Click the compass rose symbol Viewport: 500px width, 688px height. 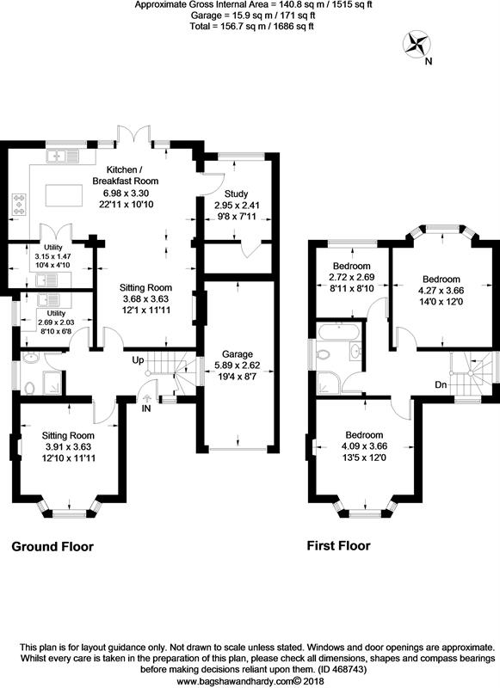tap(417, 45)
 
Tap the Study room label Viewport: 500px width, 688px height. tap(236, 194)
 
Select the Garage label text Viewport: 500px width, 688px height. tap(237, 354)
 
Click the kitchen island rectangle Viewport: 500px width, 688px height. tap(64, 195)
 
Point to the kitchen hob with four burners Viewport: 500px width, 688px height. tap(19, 205)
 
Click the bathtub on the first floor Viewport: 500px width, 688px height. tap(339, 331)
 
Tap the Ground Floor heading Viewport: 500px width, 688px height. tap(52, 547)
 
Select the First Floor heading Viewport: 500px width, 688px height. tap(338, 546)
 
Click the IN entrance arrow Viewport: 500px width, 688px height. tap(146, 398)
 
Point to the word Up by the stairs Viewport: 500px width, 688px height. tap(139, 360)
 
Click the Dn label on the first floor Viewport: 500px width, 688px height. tap(441, 384)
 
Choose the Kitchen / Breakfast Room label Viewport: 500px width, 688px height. tap(125, 175)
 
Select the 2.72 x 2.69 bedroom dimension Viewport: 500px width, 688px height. tap(352, 277)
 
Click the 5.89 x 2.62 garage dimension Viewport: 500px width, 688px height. tap(237, 365)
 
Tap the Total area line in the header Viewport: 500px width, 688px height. tap(252, 27)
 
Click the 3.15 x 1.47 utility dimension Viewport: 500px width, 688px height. tap(53, 256)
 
